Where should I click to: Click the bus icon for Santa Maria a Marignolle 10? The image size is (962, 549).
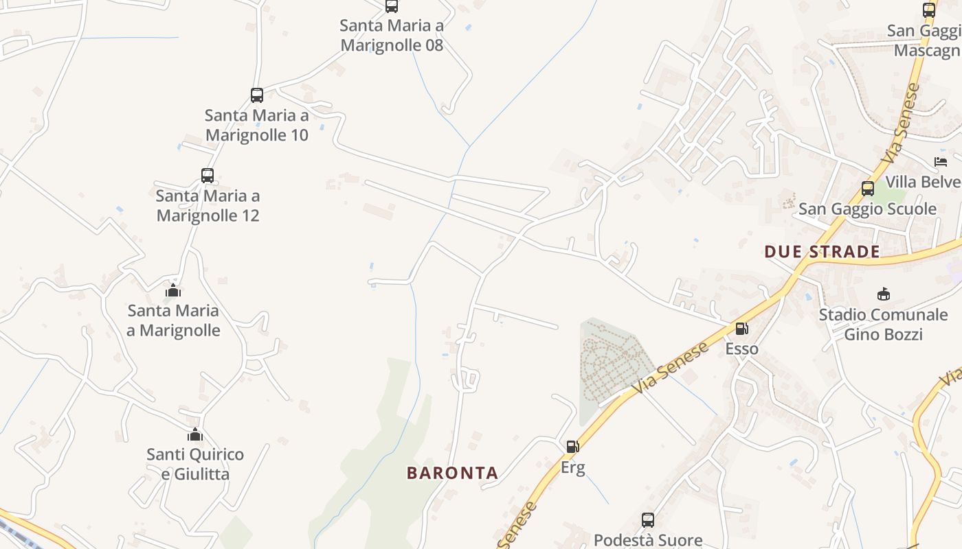pyautogui.click(x=256, y=95)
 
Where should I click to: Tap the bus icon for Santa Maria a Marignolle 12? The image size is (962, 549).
pyautogui.click(x=208, y=175)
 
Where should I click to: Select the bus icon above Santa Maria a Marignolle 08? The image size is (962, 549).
pyautogui.click(x=391, y=6)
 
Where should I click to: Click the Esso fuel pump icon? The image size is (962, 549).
pyautogui.click(x=741, y=329)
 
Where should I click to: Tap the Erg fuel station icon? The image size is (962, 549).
pyautogui.click(x=572, y=447)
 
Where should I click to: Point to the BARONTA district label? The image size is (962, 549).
pyautogui.click(x=452, y=473)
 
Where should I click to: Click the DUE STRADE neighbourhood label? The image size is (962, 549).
pyautogui.click(x=822, y=251)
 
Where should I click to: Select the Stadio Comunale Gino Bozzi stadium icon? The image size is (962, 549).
pyautogui.click(x=883, y=294)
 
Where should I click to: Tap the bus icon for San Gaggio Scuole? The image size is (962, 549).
pyautogui.click(x=868, y=189)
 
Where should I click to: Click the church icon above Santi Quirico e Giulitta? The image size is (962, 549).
pyautogui.click(x=195, y=434)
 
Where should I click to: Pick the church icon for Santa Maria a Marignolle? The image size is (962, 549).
pyautogui.click(x=173, y=290)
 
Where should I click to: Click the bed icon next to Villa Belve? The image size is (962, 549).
pyautogui.click(x=941, y=162)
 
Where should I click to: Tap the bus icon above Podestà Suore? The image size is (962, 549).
pyautogui.click(x=647, y=520)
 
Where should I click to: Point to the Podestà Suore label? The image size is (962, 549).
pyautogui.click(x=647, y=540)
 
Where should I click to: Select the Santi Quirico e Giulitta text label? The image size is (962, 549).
pyautogui.click(x=195, y=464)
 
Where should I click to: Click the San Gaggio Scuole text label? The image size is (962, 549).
pyautogui.click(x=867, y=209)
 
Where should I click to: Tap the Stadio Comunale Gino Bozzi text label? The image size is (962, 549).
pyautogui.click(x=883, y=324)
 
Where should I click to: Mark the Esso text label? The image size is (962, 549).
pyautogui.click(x=741, y=349)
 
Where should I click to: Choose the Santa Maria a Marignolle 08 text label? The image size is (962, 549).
pyautogui.click(x=392, y=36)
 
